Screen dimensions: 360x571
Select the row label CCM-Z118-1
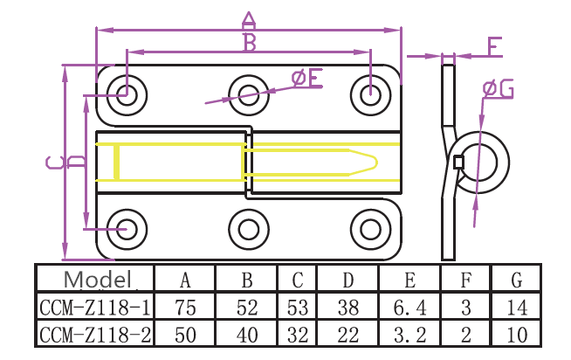94,307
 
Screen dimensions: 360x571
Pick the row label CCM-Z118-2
94,335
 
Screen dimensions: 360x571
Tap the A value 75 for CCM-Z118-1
185,307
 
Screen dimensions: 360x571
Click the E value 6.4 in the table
409,307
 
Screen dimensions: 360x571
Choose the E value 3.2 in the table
409,335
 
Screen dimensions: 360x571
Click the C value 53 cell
298,307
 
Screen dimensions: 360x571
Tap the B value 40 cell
247,335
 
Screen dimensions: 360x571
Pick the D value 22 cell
348,335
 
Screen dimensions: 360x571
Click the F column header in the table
465,280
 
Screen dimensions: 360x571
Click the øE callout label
306,79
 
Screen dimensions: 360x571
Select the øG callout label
498,87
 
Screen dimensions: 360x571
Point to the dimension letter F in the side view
494,45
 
